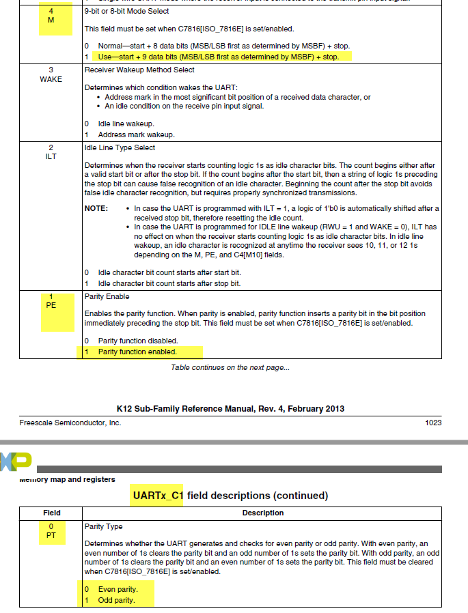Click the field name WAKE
51,79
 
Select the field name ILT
51,156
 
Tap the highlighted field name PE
51,305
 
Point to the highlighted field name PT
51,535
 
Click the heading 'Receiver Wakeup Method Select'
139,70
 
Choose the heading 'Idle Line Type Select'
120,147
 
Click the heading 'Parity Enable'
107,297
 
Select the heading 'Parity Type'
104,527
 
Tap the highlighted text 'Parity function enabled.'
137,352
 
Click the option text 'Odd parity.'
117,601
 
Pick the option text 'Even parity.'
118,589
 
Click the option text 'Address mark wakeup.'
136,134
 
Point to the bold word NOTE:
96,208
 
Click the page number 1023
433,423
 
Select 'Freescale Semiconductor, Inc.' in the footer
70,423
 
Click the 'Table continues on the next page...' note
230,368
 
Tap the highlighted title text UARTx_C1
158,494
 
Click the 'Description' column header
263,513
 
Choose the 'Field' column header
52,513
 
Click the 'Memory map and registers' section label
67,479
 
